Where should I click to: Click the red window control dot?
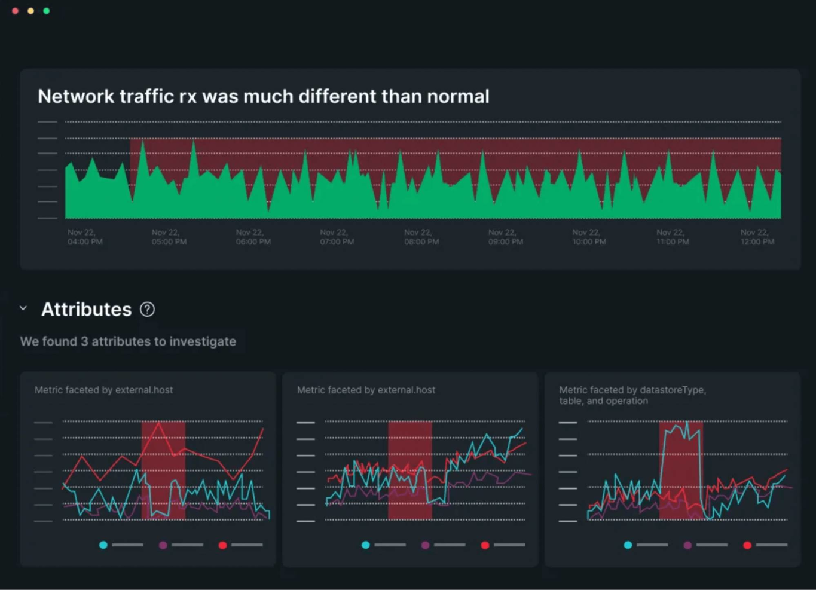(15, 11)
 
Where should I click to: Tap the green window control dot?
(46, 11)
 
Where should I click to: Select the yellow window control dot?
(30, 11)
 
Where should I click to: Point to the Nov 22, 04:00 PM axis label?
(85, 237)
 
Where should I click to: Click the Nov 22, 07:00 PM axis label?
(337, 237)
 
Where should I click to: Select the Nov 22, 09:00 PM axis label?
(506, 237)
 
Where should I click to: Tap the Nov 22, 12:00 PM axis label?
(757, 237)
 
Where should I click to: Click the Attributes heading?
(86, 310)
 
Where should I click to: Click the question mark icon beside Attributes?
(147, 310)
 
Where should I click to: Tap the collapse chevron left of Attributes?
(23, 308)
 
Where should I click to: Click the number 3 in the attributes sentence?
(84, 341)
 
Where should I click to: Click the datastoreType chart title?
(632, 395)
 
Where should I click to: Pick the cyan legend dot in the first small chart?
(103, 545)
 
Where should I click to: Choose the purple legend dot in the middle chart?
(425, 545)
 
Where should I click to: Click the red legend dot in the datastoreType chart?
(747, 545)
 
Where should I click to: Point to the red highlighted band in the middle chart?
(410, 470)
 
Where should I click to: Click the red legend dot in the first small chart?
(222, 545)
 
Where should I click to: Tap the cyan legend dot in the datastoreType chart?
(628, 545)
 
